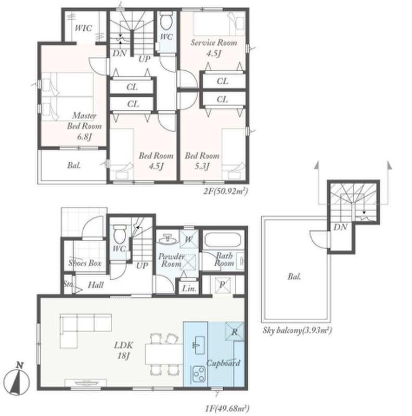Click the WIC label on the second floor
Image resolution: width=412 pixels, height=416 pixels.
(x=83, y=28)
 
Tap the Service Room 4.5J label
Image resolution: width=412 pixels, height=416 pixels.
(x=214, y=48)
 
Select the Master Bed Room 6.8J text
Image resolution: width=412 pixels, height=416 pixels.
(x=84, y=126)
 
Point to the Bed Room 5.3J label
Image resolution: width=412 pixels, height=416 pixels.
(x=202, y=161)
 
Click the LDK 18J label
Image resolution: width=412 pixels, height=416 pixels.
(x=123, y=350)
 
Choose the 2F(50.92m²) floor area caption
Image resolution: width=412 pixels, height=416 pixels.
(x=226, y=191)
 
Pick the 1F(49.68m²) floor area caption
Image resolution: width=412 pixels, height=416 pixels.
(x=227, y=408)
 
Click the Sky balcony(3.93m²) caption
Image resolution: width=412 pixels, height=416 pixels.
(x=297, y=330)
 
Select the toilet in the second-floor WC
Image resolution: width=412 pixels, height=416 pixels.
(x=166, y=21)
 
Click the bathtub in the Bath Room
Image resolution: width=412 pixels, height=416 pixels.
(x=224, y=240)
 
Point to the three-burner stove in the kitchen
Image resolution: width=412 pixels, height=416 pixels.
(x=199, y=374)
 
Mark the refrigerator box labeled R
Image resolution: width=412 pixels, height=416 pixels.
(x=235, y=331)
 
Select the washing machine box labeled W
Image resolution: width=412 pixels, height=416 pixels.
(x=189, y=239)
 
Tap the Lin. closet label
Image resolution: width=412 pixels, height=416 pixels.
(x=189, y=289)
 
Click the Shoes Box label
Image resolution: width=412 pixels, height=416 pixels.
(x=85, y=263)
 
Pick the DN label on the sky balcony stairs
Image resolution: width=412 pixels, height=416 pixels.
(x=340, y=227)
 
